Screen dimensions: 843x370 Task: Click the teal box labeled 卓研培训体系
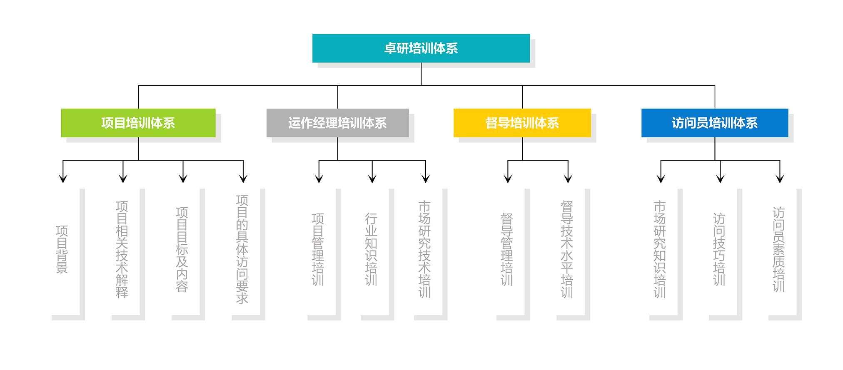click(421, 48)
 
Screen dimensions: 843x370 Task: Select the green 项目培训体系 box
click(138, 123)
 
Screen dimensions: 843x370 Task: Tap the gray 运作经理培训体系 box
click(338, 123)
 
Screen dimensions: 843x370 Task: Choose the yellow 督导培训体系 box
click(522, 123)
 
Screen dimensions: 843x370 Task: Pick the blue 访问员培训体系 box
click(715, 123)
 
